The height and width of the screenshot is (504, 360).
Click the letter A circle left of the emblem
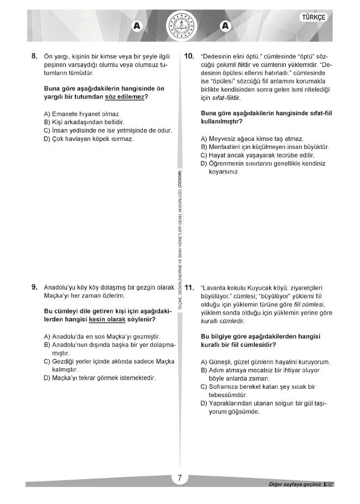tap(136, 25)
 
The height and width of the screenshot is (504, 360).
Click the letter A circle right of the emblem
tap(224, 25)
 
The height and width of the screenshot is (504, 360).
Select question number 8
tap(34, 56)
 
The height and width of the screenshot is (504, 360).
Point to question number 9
tap(34, 287)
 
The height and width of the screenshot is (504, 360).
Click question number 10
tap(189, 56)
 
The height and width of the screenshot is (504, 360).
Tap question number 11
tap(189, 287)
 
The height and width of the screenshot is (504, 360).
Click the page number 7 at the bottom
tap(180, 479)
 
